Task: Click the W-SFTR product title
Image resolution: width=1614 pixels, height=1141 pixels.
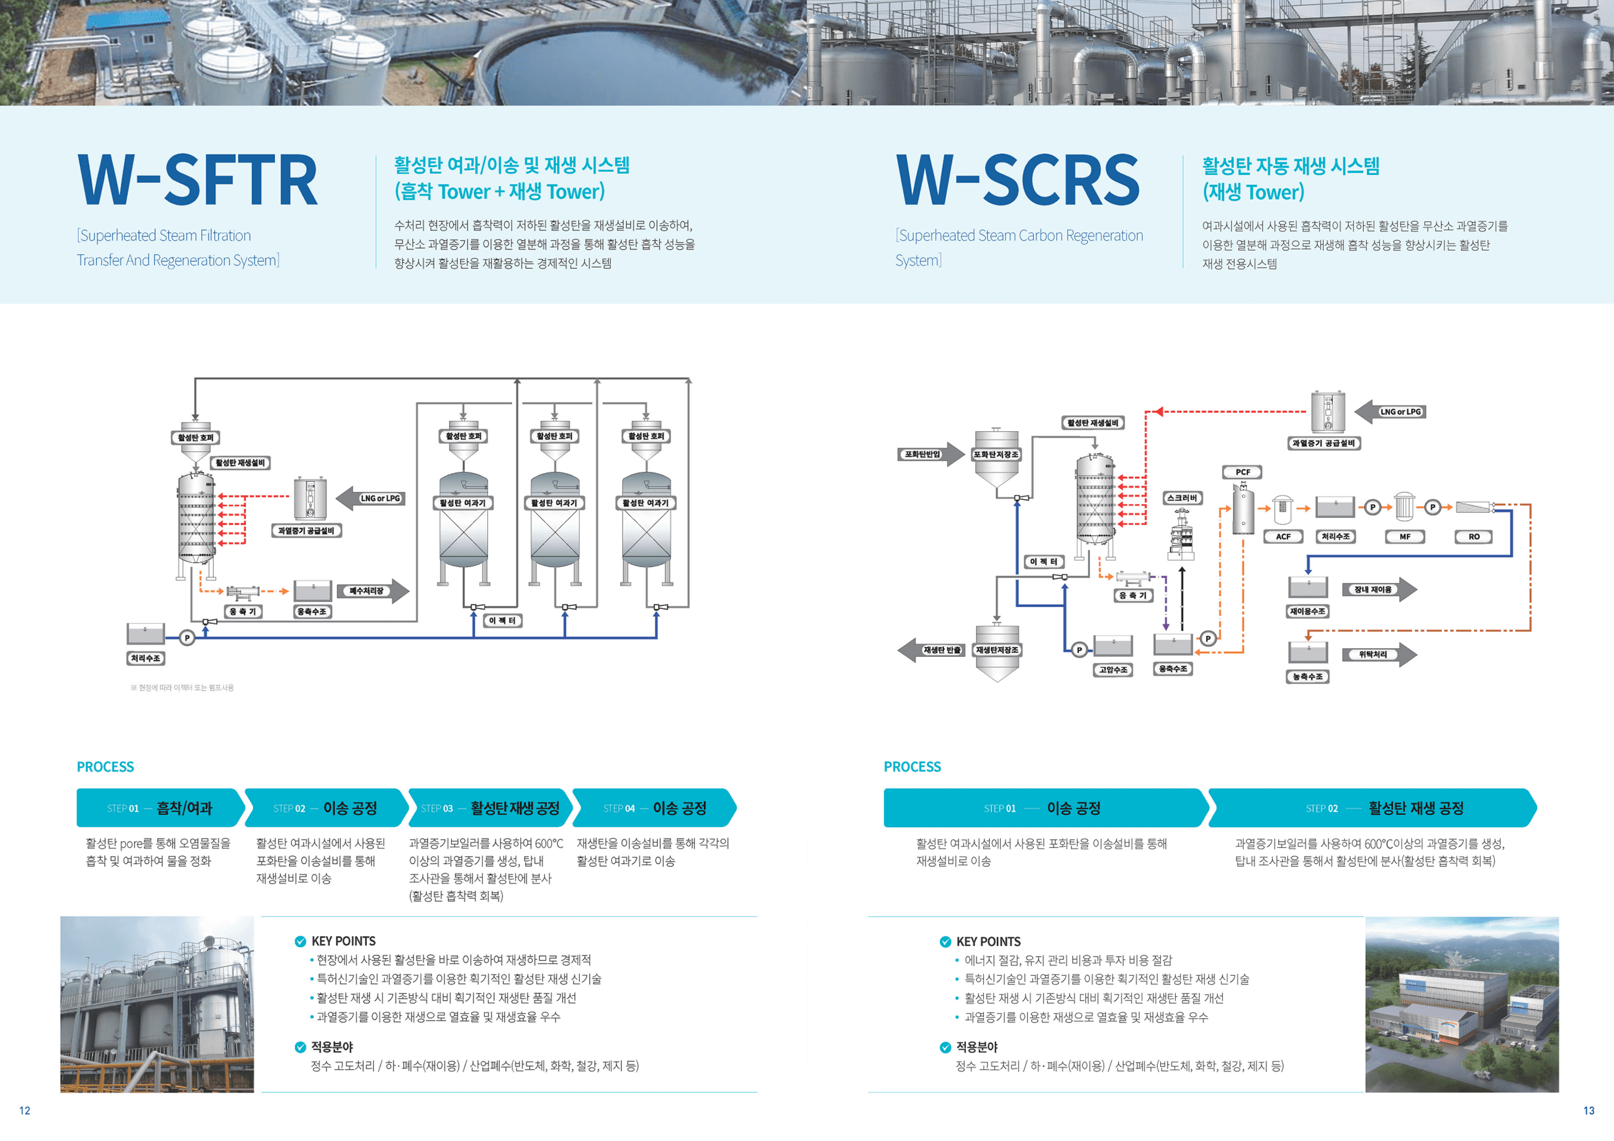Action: (197, 180)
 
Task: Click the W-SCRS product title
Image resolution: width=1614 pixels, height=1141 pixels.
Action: (1017, 180)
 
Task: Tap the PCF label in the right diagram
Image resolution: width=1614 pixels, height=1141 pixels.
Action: (1243, 472)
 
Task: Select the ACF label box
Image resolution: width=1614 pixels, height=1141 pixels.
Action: (1283, 536)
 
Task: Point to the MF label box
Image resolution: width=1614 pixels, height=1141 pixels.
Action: (1405, 536)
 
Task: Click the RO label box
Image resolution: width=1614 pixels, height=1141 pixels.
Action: (1474, 536)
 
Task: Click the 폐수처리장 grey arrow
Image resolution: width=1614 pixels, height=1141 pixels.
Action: (372, 590)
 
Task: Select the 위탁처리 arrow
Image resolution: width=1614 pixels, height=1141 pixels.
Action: (1378, 654)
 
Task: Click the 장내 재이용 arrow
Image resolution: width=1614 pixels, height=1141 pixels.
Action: (1378, 590)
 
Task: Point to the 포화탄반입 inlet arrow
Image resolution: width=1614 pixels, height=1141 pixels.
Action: (930, 454)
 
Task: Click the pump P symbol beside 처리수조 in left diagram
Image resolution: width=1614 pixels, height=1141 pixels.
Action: (187, 638)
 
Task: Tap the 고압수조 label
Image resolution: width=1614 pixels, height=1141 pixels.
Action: (1114, 669)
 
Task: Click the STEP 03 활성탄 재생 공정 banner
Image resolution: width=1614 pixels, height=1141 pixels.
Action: (490, 808)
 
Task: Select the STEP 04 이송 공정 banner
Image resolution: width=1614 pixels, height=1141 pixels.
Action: (654, 808)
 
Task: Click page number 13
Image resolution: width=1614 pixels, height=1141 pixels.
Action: (1588, 1110)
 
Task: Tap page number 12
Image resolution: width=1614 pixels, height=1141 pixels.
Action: (25, 1110)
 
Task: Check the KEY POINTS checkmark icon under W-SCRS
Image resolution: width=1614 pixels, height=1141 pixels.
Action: (945, 941)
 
